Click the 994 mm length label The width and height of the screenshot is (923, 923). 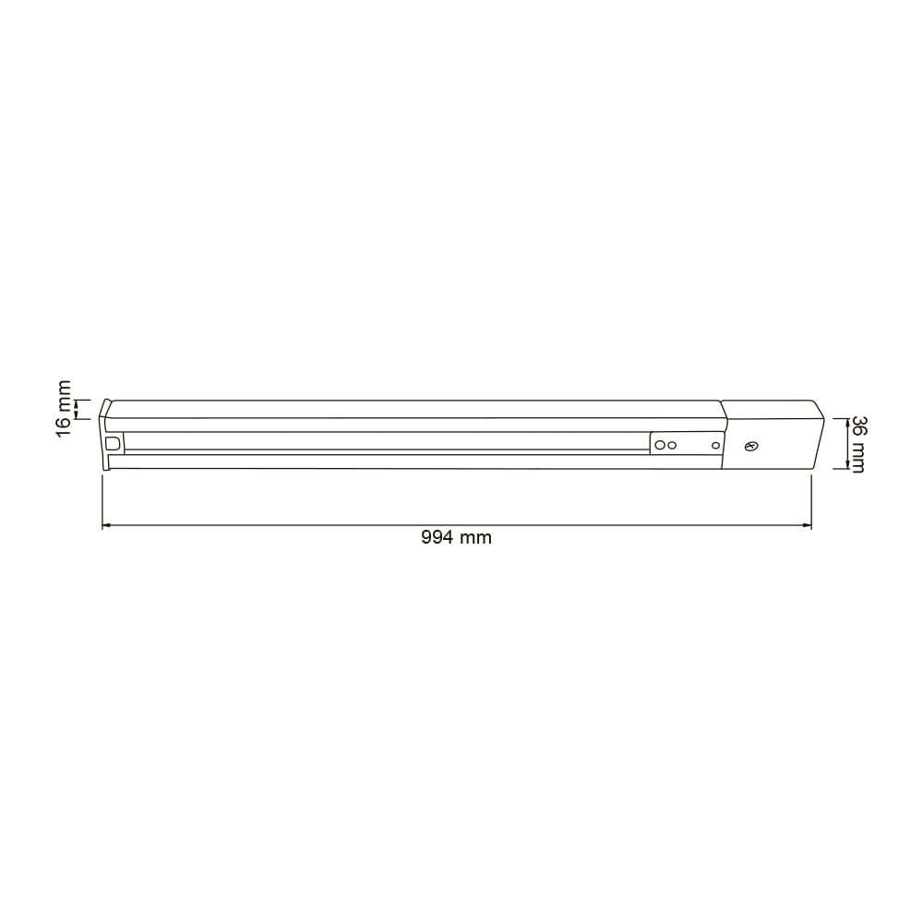456,538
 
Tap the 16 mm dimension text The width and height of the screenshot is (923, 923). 63,409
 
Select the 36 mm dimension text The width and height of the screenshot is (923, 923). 857,445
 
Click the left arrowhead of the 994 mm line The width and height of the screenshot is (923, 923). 106,526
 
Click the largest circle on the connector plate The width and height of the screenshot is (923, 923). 661,445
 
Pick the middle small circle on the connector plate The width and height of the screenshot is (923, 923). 673,445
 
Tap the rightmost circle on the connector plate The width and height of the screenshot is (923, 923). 714,445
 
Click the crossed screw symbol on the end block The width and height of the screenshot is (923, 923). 751,447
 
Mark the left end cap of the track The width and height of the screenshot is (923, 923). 106,434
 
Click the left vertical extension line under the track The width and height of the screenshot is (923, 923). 102,498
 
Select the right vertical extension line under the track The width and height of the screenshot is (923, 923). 810,498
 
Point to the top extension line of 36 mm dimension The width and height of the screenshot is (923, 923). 835,418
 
